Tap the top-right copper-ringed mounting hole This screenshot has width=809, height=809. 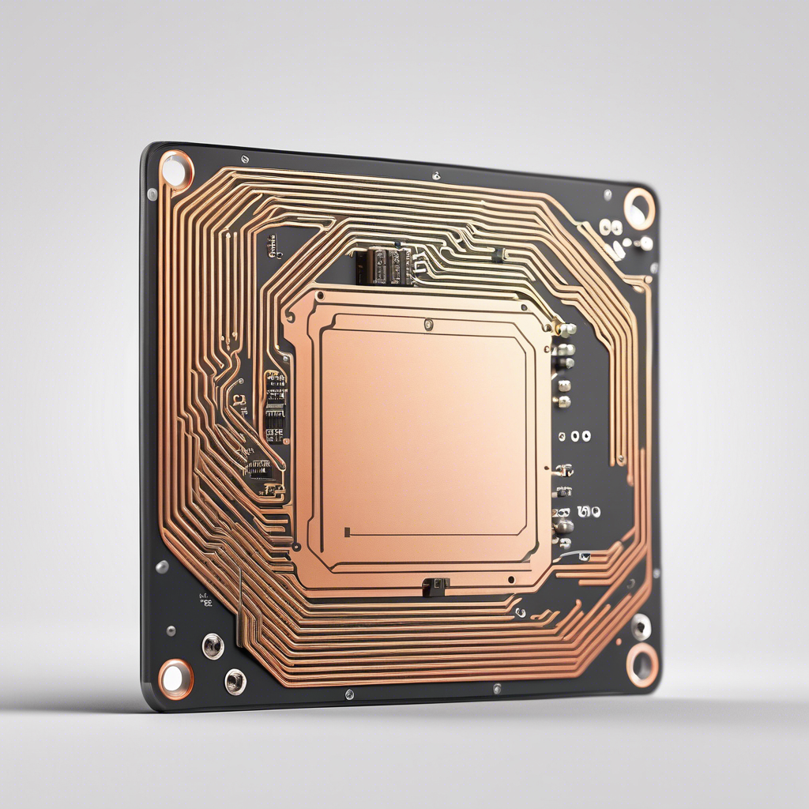pos(638,209)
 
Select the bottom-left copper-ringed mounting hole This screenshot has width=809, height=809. pos(175,678)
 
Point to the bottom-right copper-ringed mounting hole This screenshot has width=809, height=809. pos(642,664)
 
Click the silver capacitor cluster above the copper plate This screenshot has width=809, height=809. pos(388,265)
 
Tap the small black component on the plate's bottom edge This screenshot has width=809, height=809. pos(435,585)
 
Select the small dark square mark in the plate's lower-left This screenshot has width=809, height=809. pos(348,530)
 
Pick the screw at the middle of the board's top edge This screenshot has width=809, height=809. pos(436,175)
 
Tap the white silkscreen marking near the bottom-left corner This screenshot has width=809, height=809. pos(205,600)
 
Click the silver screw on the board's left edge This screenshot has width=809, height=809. pos(162,566)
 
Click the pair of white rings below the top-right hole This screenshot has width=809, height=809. pos(610,228)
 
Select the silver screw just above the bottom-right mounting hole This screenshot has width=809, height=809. pos(641,627)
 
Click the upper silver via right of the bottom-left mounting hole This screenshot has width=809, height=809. pos(213,645)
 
